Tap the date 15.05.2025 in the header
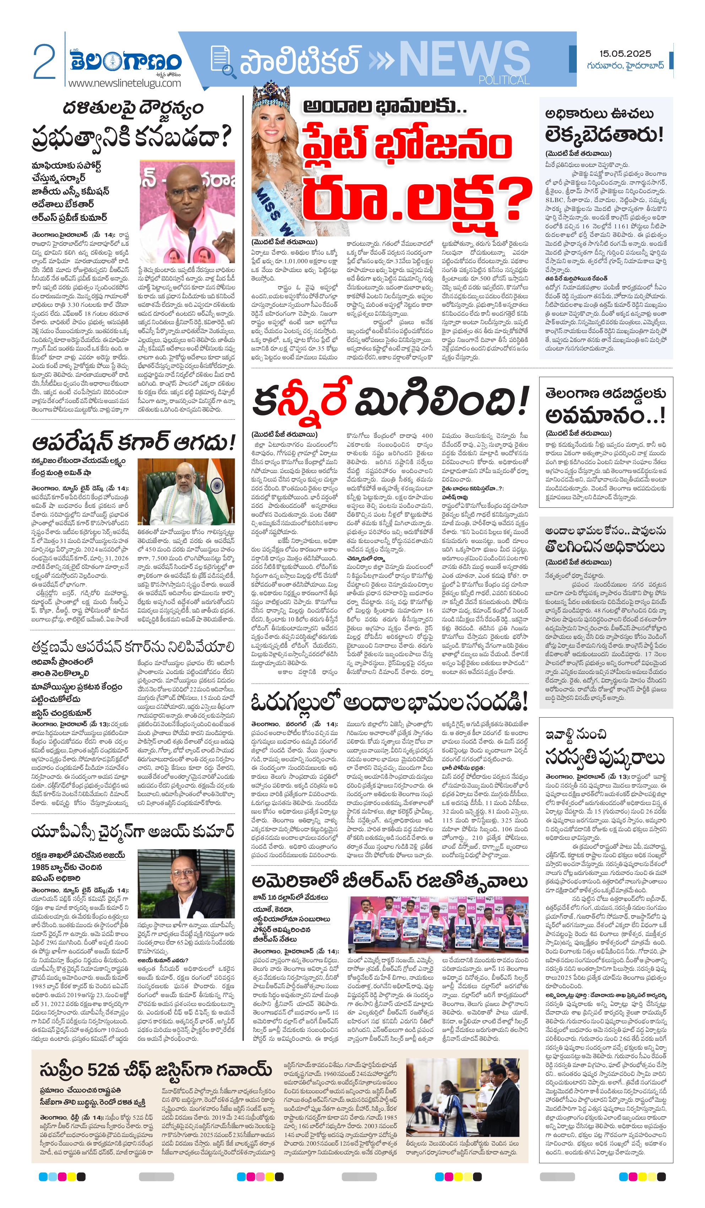click(625, 54)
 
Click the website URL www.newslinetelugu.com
click(125, 83)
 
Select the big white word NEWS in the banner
click(464, 60)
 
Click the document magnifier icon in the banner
click(223, 62)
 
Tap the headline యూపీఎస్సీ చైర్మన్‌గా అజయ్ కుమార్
click(132, 831)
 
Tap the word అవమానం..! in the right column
click(605, 415)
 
